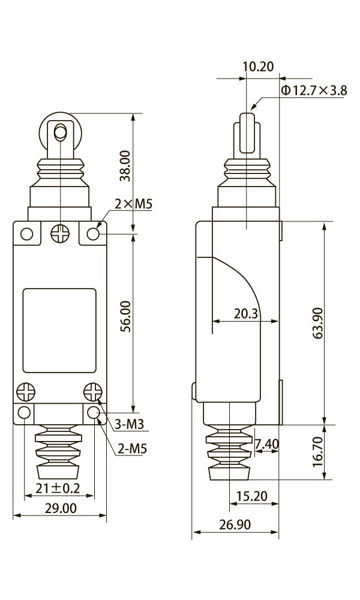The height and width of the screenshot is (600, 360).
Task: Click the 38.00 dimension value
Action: click(126, 166)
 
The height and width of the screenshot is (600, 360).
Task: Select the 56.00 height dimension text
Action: click(126, 316)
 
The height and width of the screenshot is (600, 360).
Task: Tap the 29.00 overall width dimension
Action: click(61, 508)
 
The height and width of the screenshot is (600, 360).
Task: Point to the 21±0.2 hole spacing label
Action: click(58, 488)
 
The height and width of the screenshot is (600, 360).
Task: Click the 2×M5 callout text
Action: click(134, 204)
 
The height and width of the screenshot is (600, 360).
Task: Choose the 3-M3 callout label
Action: click(130, 424)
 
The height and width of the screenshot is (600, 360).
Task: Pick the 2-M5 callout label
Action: click(132, 448)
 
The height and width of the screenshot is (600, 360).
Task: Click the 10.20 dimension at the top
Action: click(259, 67)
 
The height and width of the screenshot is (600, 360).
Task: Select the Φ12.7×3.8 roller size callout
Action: click(314, 91)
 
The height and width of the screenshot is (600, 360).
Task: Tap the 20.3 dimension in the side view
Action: click(247, 314)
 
